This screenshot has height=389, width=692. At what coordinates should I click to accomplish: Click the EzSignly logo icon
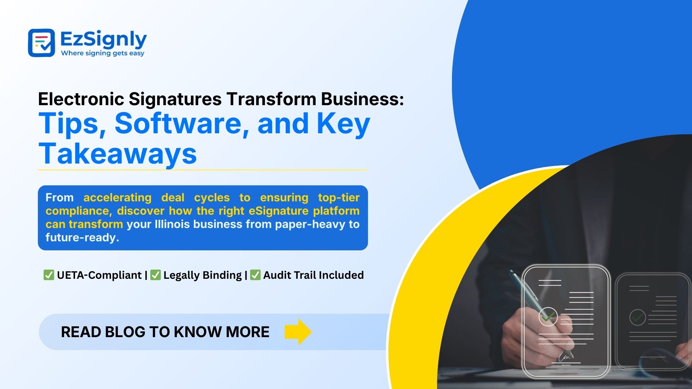click(x=41, y=43)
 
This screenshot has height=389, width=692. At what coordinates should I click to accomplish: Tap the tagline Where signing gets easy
click(x=103, y=53)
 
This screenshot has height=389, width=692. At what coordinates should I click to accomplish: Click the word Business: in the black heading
click(x=363, y=99)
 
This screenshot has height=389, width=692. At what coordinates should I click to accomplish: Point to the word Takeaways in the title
click(x=117, y=154)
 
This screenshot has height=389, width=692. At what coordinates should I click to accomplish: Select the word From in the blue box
click(x=59, y=198)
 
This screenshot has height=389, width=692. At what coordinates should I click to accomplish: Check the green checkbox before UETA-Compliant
click(x=48, y=275)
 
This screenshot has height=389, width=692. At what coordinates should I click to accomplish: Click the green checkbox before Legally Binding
click(x=155, y=275)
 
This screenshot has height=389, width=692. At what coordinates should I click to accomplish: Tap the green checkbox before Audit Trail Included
click(x=255, y=275)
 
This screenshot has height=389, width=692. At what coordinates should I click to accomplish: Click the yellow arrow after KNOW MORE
click(x=298, y=332)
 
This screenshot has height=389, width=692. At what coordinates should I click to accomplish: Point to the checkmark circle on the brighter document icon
click(x=548, y=317)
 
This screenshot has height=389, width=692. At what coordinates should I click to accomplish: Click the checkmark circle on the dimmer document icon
click(x=637, y=317)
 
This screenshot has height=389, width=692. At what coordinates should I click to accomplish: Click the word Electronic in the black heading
click(x=81, y=99)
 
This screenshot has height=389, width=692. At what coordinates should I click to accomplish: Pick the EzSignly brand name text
click(x=103, y=39)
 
